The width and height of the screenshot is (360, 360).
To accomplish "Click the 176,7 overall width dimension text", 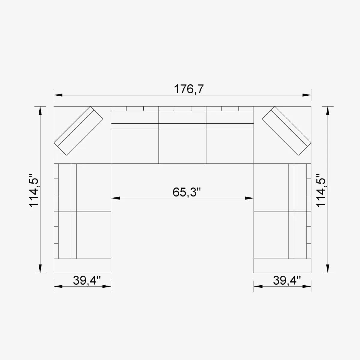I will click(189, 89).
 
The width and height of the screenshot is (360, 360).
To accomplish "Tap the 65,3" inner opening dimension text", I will click(186, 192).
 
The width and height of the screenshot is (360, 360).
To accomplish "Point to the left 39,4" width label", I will click(87, 280).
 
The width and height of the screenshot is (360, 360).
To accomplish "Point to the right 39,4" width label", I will click(287, 280).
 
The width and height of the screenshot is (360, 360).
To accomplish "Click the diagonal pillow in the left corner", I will click(78, 131).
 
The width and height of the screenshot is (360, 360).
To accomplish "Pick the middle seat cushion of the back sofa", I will click(182, 146).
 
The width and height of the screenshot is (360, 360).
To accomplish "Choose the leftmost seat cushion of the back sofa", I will click(135, 146).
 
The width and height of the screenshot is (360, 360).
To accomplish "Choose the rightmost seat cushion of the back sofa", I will click(230, 146).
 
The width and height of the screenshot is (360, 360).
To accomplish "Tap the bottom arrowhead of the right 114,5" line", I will click(328, 268).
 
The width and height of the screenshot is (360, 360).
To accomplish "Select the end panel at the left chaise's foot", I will click(82, 266).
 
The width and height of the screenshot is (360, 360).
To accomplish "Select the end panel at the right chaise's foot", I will click(282, 266).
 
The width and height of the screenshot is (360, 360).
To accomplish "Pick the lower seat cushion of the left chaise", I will click(94, 235).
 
